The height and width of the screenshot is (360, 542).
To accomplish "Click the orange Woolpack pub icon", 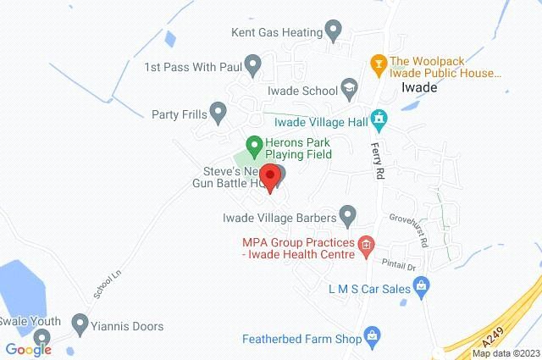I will (x=379, y=62).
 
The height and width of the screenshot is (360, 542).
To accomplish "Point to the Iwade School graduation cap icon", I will (x=348, y=88).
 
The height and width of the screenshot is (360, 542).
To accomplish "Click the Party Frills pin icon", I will (x=218, y=112).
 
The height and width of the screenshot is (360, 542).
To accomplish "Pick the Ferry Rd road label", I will (x=379, y=162).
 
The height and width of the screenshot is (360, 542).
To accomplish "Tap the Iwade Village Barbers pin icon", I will (x=347, y=214).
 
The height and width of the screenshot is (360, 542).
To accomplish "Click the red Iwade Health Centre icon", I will (x=365, y=247).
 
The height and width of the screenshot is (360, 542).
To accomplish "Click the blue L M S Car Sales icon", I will (x=420, y=288).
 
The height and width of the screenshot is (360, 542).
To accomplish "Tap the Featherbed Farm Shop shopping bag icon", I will (x=372, y=338).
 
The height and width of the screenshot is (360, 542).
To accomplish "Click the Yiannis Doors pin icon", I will (x=80, y=323).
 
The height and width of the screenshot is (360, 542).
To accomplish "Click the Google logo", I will (x=28, y=350).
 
